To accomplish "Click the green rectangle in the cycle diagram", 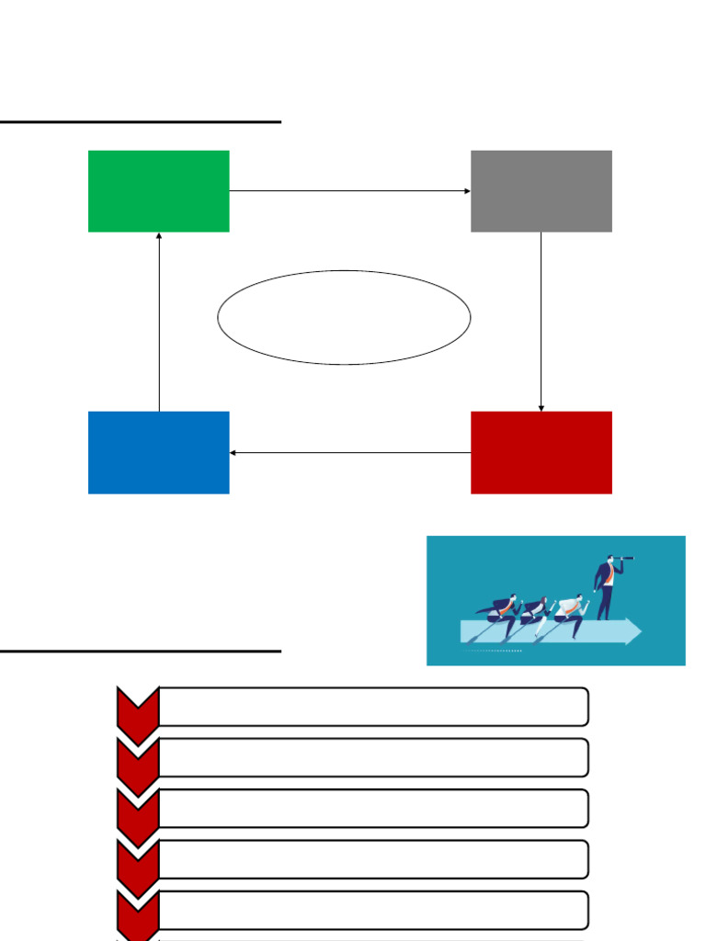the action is coord(158,191).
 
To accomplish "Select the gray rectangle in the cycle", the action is coord(541,191).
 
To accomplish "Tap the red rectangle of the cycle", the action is coord(541,452).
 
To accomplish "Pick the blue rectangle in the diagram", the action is coord(158,452).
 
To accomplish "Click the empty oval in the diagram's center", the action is coord(344,317).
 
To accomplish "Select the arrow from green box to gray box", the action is coord(349,191).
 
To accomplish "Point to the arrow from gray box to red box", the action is coord(541,322).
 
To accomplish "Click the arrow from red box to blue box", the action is coord(349,452).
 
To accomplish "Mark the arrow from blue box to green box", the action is coord(159,322).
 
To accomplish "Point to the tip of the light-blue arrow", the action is coord(639,631).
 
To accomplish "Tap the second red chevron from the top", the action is coord(138,758).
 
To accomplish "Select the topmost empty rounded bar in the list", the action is coord(373,707).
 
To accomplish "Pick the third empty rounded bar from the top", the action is coord(373,809).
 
